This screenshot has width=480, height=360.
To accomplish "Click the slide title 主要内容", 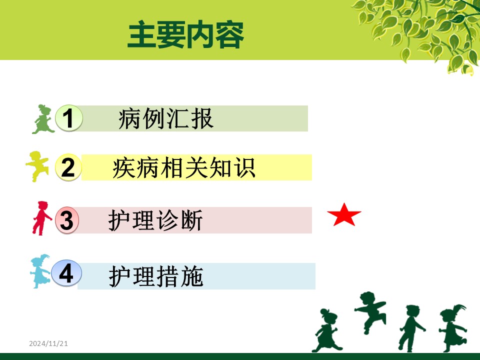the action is coord(185,34).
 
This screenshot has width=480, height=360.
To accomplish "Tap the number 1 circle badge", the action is coord(69,118).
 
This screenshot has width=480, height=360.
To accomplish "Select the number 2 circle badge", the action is coord(68,167).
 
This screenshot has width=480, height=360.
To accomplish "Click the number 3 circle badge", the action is coord(66,220).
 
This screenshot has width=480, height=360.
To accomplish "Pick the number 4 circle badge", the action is coord(66,273).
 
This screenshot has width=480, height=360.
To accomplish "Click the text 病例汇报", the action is coord(165,118).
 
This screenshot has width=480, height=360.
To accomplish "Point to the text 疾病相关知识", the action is coord(183,167).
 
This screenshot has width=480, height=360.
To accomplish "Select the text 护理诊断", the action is coord(155,220).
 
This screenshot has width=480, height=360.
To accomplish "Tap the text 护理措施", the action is coord(156,276).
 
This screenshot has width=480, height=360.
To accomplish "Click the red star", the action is coord(344,215).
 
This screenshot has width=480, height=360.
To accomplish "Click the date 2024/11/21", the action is coord(48,343).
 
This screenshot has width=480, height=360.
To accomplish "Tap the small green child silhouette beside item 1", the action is coord(43,119).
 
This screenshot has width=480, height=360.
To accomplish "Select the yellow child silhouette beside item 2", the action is coord(37,166).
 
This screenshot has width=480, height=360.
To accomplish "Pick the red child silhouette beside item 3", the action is coord(41,218).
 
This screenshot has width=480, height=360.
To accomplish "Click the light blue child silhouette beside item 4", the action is coord(40,271).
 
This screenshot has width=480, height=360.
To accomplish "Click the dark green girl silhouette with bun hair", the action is coord(326,330).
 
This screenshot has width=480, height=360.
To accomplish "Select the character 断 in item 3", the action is coord(192,220).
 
